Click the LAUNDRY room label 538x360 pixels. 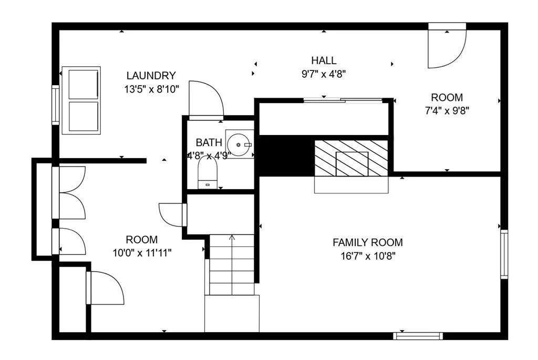click(151, 76)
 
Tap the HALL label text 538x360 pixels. click(323, 60)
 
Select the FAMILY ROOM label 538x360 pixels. click(367, 242)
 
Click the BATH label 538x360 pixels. click(209, 142)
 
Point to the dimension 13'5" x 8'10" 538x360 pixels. click(151, 89)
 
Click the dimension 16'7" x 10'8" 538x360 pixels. click(367, 256)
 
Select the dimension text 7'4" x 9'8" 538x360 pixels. click(447, 111)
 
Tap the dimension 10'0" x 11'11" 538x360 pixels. click(142, 253)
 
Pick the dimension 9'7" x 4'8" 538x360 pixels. click(323, 74)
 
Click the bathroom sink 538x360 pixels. click(240, 144)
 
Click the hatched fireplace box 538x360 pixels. click(351, 158)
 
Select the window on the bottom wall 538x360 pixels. click(418, 336)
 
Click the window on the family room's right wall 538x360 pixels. click(504, 254)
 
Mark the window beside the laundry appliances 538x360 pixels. click(55, 105)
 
